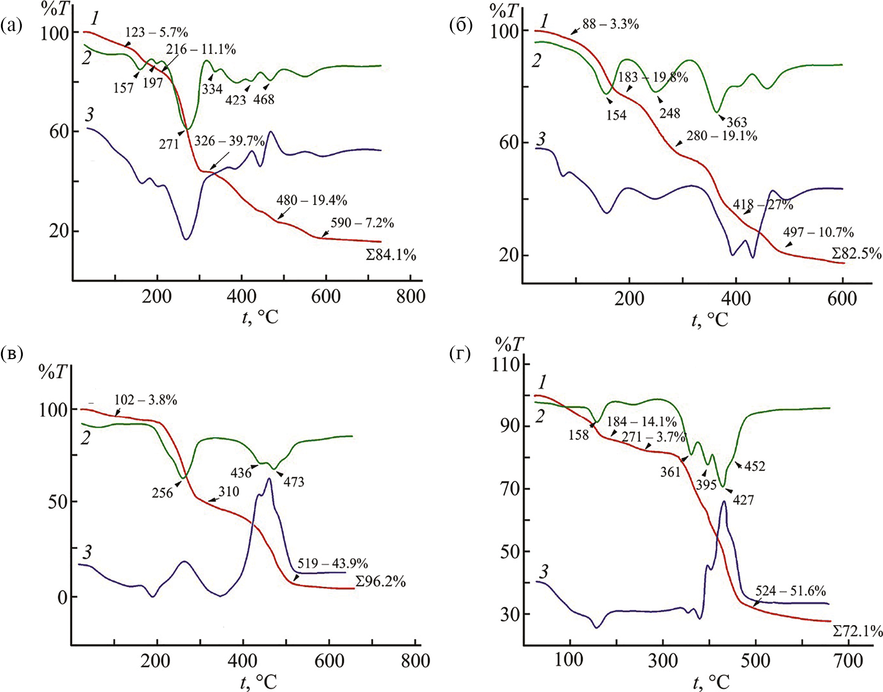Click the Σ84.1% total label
[x=391, y=255]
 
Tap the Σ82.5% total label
[x=856, y=254]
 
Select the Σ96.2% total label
[x=381, y=581]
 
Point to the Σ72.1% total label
[x=857, y=631]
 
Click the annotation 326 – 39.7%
[x=229, y=141]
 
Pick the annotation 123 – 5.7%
[x=156, y=33]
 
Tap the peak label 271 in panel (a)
[x=169, y=144]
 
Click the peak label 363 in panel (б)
[x=736, y=122]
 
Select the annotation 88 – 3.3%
[x=610, y=24]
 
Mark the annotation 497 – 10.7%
[x=818, y=232]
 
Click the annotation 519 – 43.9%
[x=333, y=564]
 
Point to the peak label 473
[x=294, y=482]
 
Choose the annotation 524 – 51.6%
[x=790, y=591]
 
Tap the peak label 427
[x=743, y=500]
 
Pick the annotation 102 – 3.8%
[x=146, y=400]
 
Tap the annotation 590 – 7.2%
[x=362, y=223]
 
